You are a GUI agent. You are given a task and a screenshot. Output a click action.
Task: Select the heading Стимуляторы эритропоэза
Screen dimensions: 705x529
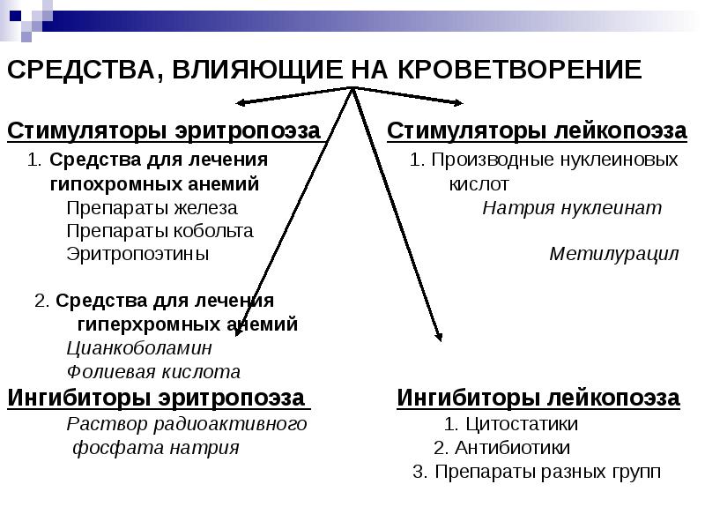click(164, 131)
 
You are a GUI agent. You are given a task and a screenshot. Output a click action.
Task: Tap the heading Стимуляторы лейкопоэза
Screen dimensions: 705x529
click(537, 131)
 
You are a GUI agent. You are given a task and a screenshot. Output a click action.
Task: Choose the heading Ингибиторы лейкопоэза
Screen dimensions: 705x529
click(538, 398)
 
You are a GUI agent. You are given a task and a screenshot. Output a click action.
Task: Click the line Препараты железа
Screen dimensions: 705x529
click(152, 208)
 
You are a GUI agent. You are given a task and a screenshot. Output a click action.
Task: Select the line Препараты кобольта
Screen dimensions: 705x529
click(160, 231)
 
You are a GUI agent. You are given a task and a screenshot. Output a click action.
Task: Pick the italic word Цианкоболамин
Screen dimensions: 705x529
click(140, 348)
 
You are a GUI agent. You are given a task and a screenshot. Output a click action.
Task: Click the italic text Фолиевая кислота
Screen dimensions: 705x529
click(153, 372)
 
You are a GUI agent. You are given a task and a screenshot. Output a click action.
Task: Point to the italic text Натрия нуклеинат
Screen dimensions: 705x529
click(572, 208)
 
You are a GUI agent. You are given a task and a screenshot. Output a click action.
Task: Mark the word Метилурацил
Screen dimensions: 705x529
click(614, 255)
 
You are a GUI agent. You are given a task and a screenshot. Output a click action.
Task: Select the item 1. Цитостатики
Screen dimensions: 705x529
click(511, 424)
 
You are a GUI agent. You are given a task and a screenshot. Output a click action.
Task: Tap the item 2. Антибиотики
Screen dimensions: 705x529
click(501, 447)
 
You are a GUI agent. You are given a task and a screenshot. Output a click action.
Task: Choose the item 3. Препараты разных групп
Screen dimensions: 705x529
click(537, 471)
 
